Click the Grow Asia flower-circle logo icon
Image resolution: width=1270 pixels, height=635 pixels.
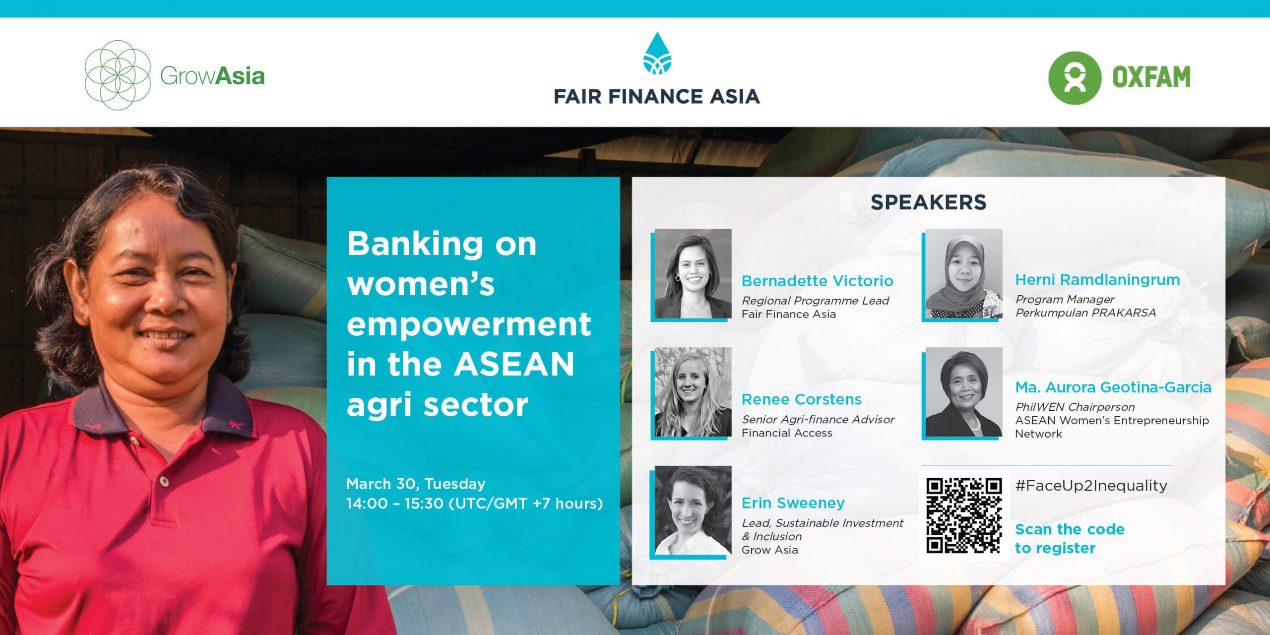[x=118, y=75]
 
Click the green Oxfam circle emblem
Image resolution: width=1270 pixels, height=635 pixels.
[x=1075, y=78]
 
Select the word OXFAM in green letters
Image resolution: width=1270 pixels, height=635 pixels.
[x=1151, y=77]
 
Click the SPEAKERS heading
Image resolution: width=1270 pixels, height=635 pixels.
[x=928, y=202]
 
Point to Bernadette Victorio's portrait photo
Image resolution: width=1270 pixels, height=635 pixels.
[x=693, y=273]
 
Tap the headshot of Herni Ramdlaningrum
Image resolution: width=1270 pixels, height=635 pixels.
[x=964, y=273]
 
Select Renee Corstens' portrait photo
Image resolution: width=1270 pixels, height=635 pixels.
[x=693, y=392]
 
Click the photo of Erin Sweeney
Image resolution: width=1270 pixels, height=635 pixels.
[x=693, y=510]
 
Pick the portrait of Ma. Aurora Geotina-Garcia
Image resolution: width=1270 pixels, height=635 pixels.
[x=964, y=392]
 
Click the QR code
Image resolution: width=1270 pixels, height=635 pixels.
[x=964, y=515]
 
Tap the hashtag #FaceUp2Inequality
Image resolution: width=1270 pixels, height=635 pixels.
[x=1091, y=486]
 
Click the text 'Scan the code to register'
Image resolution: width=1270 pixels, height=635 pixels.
[x=1070, y=538]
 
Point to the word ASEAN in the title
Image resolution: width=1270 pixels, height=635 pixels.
[x=514, y=364]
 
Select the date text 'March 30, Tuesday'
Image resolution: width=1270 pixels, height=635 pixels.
[x=416, y=484]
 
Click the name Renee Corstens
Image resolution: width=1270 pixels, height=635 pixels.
[x=801, y=399]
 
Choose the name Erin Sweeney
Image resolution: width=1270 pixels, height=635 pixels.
[x=793, y=503]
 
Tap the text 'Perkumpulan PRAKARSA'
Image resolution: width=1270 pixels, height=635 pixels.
[x=1085, y=313]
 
